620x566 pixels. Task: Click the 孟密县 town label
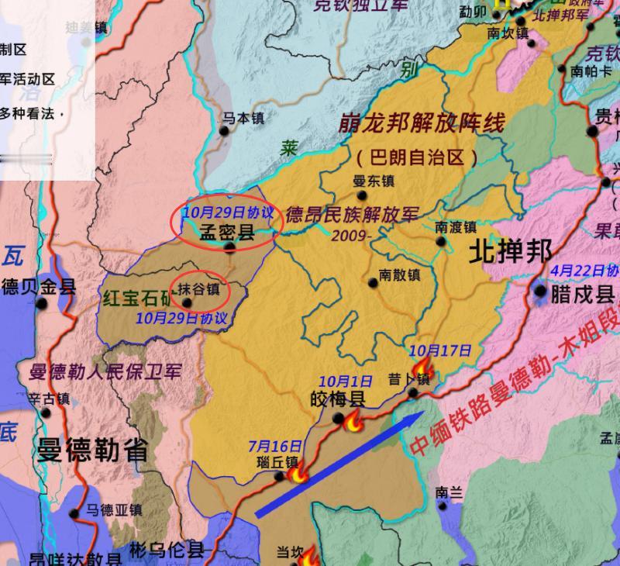(227, 231)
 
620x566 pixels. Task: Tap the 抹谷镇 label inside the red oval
(198, 289)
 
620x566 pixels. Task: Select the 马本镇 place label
(243, 118)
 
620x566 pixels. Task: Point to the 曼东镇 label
(374, 181)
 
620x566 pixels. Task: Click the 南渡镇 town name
(455, 226)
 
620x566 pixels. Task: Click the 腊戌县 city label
(582, 294)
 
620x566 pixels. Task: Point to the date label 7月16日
(274, 446)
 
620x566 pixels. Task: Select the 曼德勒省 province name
(91, 450)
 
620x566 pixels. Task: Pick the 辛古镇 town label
(49, 399)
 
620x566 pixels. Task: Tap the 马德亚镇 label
(113, 509)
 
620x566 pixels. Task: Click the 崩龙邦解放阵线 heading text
(422, 123)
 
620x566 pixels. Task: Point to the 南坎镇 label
(508, 33)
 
